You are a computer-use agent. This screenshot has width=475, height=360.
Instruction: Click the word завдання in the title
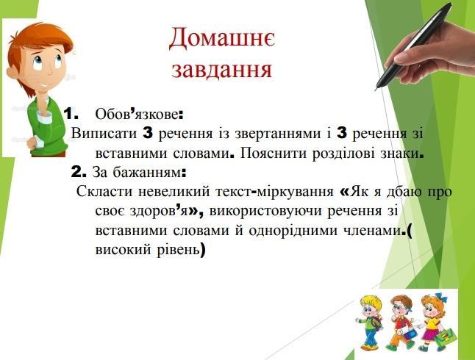coord(221,70)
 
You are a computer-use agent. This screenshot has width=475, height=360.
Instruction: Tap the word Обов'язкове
coord(137,115)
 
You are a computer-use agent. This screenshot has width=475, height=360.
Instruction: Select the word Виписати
coord(104,134)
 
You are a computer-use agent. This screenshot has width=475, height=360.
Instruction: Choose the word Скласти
coord(104,192)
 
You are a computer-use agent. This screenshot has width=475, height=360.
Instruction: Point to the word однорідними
coord(293,231)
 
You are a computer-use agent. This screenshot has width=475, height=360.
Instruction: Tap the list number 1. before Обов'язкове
coord(71,114)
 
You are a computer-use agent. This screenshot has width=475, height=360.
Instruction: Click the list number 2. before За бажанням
coord(79,173)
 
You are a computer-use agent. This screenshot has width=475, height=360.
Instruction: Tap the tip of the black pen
coord(376,90)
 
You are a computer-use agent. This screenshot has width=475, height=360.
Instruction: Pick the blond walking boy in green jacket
coord(370,323)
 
